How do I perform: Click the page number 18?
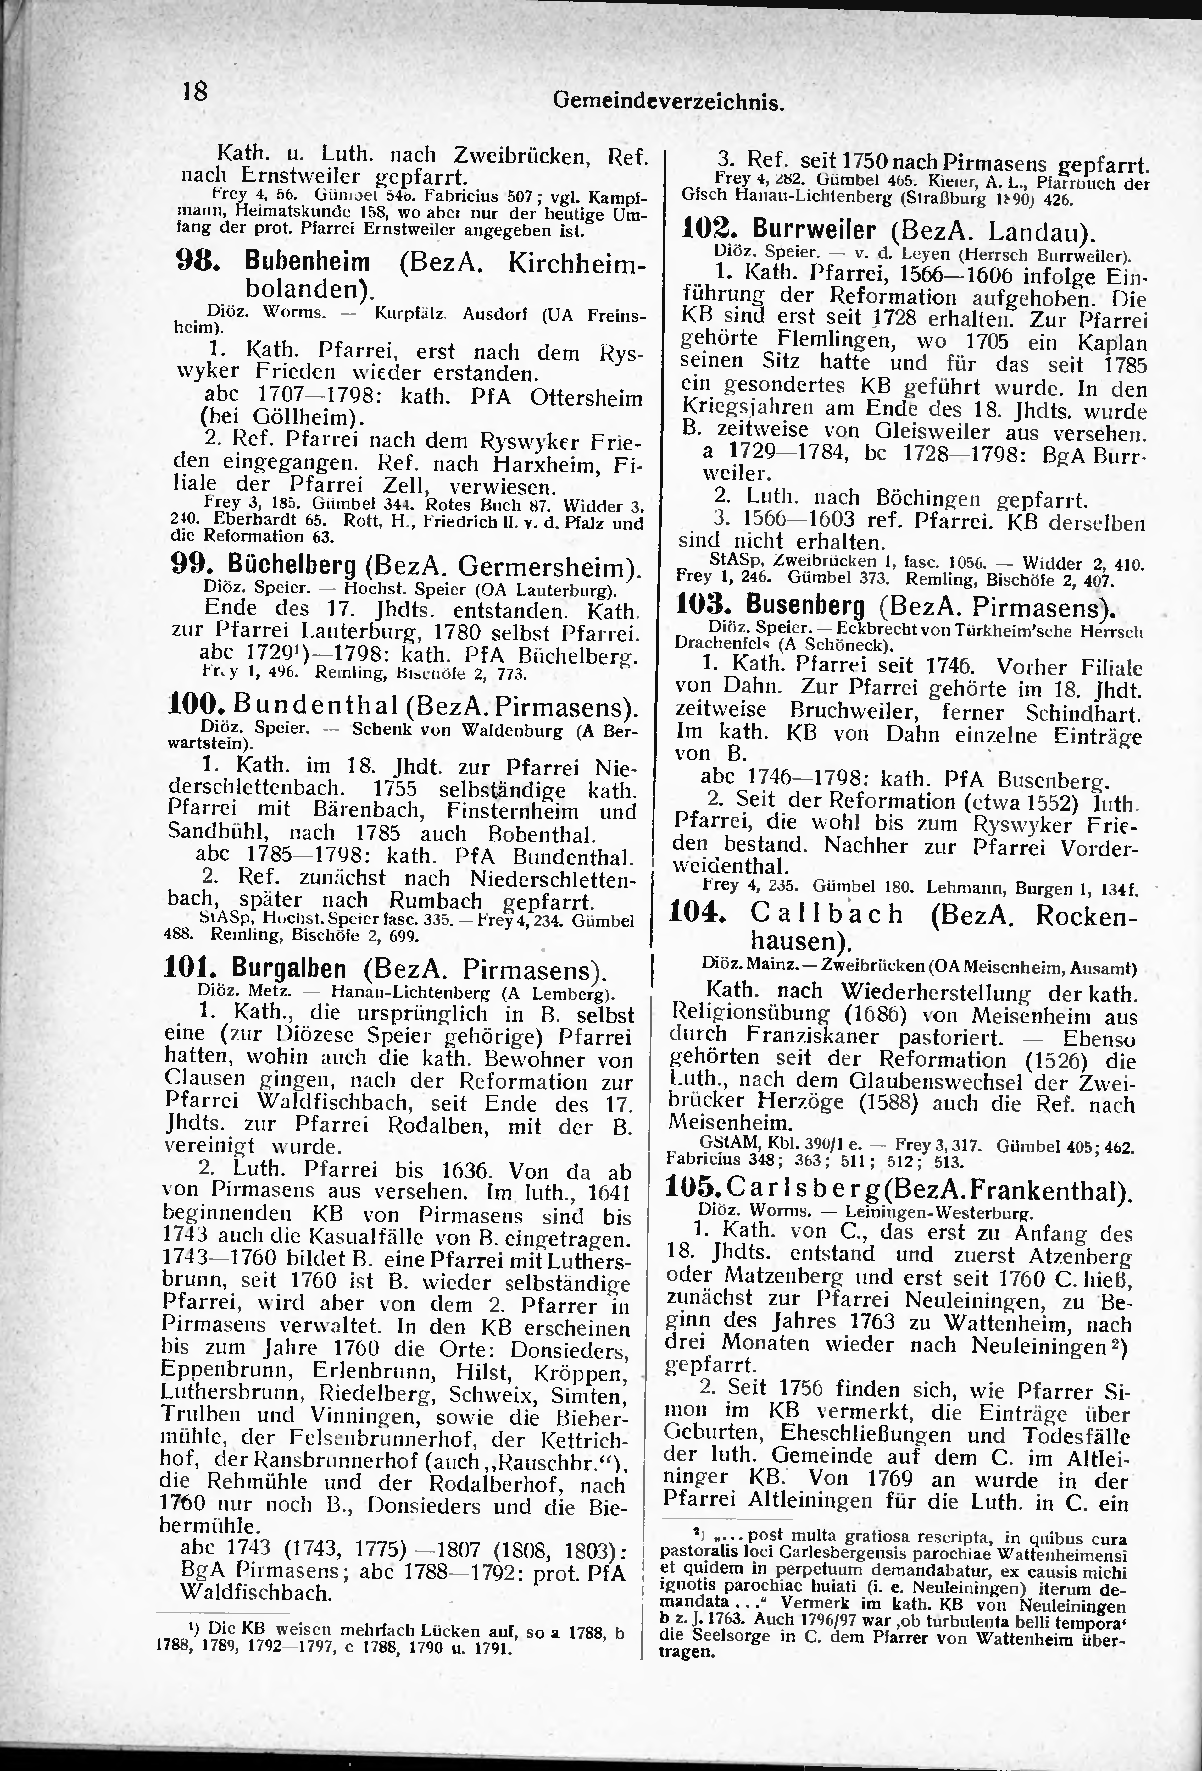(194, 91)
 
